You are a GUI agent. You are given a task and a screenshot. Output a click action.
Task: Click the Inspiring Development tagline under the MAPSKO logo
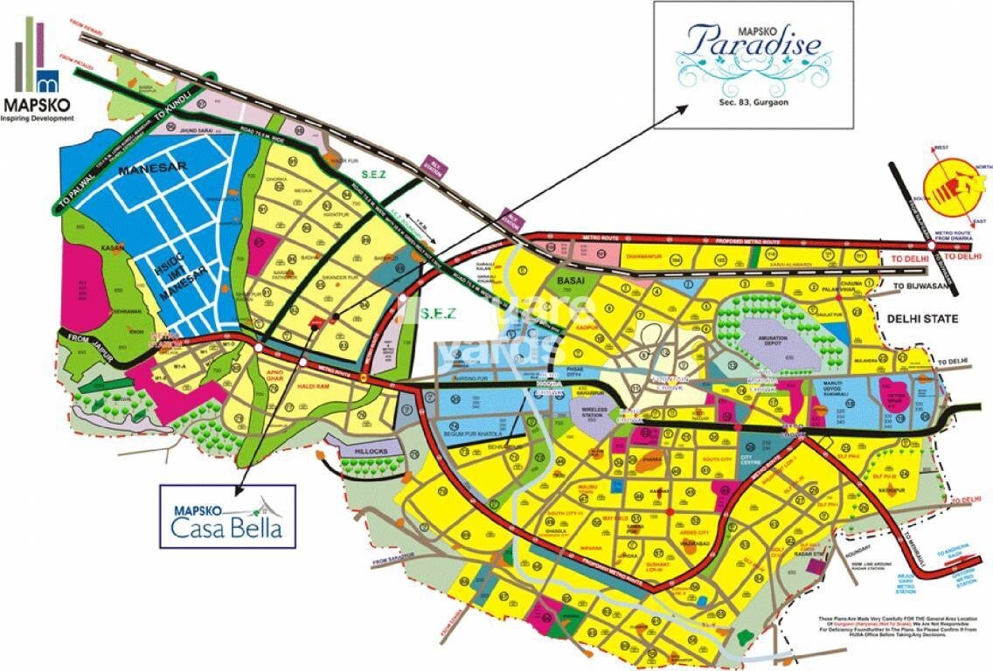(x=38, y=117)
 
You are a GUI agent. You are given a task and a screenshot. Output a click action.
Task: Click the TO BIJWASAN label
(x=918, y=285)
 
